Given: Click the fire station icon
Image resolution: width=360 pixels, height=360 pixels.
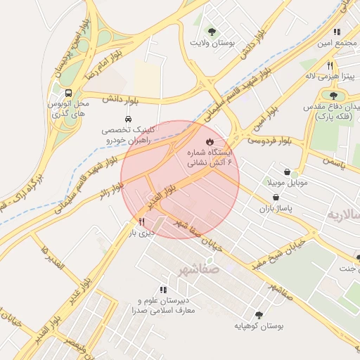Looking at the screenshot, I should [x=209, y=141].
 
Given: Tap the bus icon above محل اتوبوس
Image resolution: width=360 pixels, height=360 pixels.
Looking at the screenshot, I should [x=68, y=93].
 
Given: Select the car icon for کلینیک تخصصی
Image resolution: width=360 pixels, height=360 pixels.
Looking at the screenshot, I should [x=128, y=119].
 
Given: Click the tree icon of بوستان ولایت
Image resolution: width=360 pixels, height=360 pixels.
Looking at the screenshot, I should [x=211, y=32].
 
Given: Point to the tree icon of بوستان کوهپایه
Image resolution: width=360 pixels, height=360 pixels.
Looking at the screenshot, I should [x=259, y=315].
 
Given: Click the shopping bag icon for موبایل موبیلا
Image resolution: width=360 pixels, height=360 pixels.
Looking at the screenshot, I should [x=287, y=172].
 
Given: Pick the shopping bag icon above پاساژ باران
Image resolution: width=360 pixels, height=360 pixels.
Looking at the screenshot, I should [x=285, y=198].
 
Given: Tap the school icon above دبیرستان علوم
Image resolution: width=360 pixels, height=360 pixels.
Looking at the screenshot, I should [x=163, y=289].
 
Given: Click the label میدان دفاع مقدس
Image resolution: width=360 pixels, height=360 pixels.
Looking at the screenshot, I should [x=335, y=107].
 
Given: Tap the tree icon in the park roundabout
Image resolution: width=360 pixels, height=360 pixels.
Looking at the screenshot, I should [x=333, y=95].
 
